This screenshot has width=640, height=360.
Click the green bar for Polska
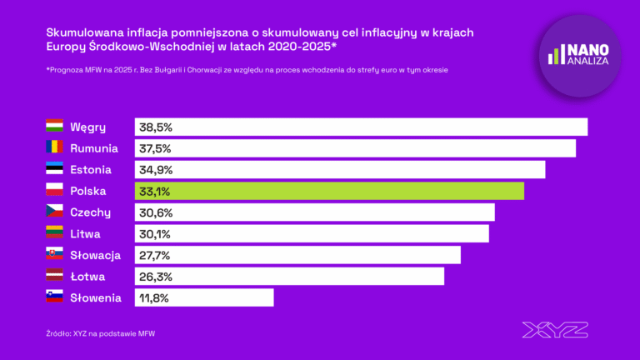(x=329, y=191)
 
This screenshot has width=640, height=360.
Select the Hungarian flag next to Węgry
(x=54, y=127)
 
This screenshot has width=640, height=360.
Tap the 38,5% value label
(x=156, y=127)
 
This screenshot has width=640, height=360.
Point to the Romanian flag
(x=54, y=148)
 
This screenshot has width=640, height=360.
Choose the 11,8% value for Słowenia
(x=155, y=297)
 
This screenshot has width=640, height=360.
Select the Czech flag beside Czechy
(x=54, y=212)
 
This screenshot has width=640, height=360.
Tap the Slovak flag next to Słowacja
(x=54, y=255)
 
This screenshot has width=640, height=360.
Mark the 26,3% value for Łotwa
(x=156, y=276)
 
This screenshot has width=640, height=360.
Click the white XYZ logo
(x=555, y=329)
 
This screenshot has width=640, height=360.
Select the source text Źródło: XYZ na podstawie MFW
(x=101, y=333)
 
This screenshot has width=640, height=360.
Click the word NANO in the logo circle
(x=589, y=50)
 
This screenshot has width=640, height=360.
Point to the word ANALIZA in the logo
(x=590, y=62)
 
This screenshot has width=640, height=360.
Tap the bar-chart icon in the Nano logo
(x=556, y=56)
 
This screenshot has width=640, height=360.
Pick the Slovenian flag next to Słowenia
(x=54, y=297)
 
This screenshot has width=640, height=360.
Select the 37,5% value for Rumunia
(x=156, y=148)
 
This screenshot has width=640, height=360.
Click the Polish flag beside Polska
(x=54, y=191)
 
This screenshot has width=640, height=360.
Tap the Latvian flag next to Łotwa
(x=54, y=276)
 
